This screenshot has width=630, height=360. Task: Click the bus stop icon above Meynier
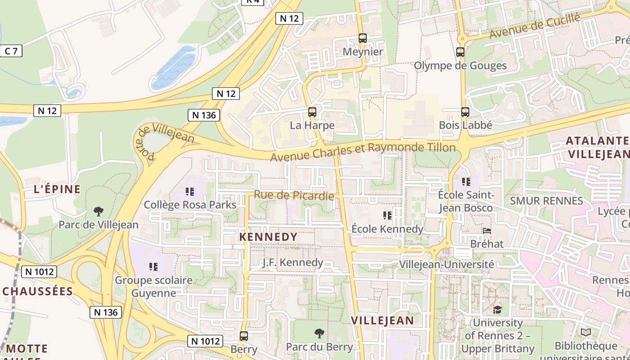coord(363,38)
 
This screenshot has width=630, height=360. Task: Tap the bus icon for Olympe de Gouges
coord(460,52)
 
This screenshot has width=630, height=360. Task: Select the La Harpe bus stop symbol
coord(312,112)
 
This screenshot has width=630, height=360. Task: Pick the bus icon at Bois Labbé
coord(465,112)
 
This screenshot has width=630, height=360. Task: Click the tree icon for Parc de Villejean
coord(98,211)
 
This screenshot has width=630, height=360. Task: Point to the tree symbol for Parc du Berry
coord(319,333)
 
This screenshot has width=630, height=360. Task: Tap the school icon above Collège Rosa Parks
coord(189,192)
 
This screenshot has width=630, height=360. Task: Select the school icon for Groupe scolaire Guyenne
coord(153,267)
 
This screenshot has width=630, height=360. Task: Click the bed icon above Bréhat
coord(487,231)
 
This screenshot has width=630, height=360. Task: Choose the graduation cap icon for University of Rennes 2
coord(497,310)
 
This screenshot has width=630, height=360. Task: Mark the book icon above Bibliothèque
coord(585,333)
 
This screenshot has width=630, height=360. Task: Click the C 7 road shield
coord(11,51)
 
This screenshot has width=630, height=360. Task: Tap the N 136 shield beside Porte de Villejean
coord(204,115)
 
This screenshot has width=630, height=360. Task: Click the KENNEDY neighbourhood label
coord(268,237)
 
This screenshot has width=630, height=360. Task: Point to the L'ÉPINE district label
coord(57,189)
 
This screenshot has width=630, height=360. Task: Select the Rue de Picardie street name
coord(294,195)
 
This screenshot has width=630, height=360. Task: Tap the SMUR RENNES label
coord(546,201)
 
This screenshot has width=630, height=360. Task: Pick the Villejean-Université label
coord(446,265)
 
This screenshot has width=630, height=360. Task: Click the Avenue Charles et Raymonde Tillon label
coord(363,151)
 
